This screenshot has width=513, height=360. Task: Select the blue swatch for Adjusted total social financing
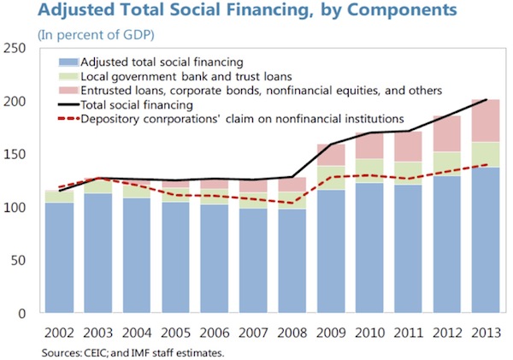(67, 62)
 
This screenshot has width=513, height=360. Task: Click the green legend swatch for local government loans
(67, 75)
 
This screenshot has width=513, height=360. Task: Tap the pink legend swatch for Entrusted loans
(67, 90)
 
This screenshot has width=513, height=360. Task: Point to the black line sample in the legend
(67, 104)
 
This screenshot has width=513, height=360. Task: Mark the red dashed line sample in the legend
(67, 118)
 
